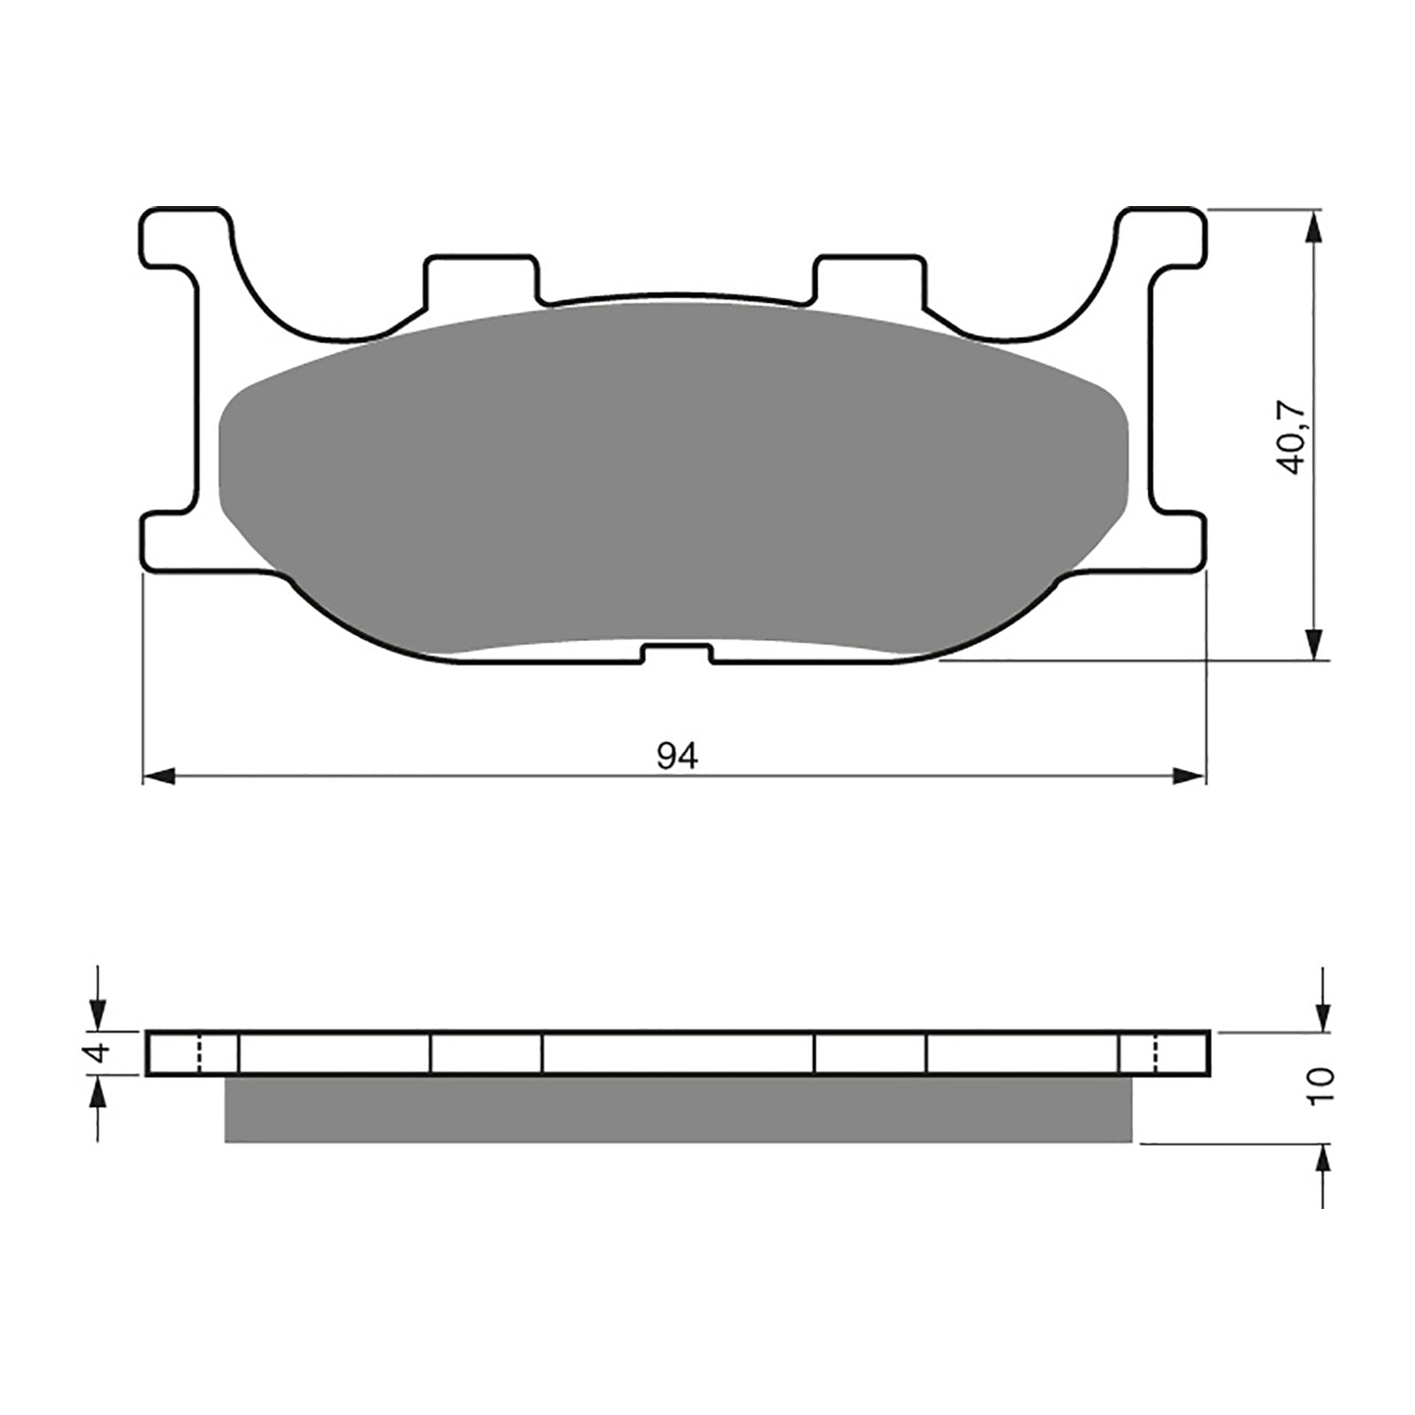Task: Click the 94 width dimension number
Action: point(677,756)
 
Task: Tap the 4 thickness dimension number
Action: point(100,1053)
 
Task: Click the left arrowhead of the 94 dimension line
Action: point(157,776)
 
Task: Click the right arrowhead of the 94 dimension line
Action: point(1190,776)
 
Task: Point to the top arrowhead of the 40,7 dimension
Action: point(1315,228)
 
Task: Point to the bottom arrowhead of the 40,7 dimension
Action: point(1315,640)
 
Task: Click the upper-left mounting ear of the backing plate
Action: point(181,237)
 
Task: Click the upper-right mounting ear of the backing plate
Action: point(1166,237)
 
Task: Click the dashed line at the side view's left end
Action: point(200,1053)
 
